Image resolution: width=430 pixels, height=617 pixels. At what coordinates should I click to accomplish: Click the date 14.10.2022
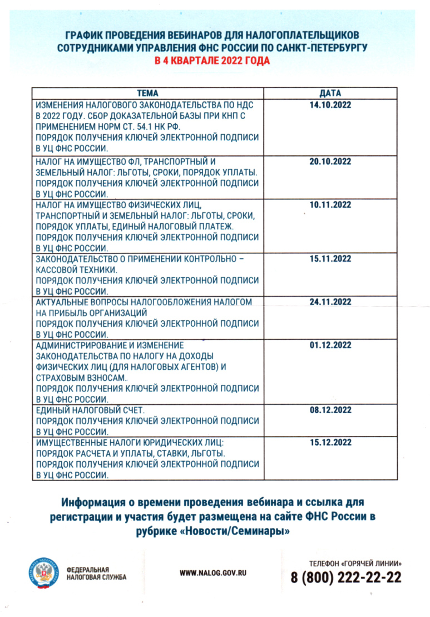click(x=330, y=105)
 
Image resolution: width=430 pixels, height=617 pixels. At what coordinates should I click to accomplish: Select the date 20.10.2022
click(x=330, y=161)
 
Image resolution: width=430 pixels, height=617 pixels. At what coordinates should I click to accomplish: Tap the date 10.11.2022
click(x=330, y=205)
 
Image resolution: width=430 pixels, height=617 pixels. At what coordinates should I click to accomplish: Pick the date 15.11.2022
click(x=330, y=259)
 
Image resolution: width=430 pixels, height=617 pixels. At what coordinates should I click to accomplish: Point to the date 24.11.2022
click(x=330, y=302)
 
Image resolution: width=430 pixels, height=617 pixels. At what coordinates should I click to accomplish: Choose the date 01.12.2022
click(x=330, y=345)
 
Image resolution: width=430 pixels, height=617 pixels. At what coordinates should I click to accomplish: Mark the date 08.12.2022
click(x=330, y=410)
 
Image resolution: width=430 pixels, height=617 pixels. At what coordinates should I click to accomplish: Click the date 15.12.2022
click(x=330, y=443)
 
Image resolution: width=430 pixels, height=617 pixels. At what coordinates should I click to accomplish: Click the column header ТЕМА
click(x=147, y=93)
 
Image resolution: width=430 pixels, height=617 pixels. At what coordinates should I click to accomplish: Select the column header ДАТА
click(x=330, y=93)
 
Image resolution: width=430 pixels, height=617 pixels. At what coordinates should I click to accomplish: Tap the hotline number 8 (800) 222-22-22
click(x=346, y=577)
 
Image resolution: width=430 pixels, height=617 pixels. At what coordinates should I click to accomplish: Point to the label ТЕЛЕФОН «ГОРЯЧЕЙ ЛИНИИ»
click(x=355, y=563)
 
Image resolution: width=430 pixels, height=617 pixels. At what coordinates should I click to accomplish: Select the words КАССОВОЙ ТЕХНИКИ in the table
click(x=76, y=270)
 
